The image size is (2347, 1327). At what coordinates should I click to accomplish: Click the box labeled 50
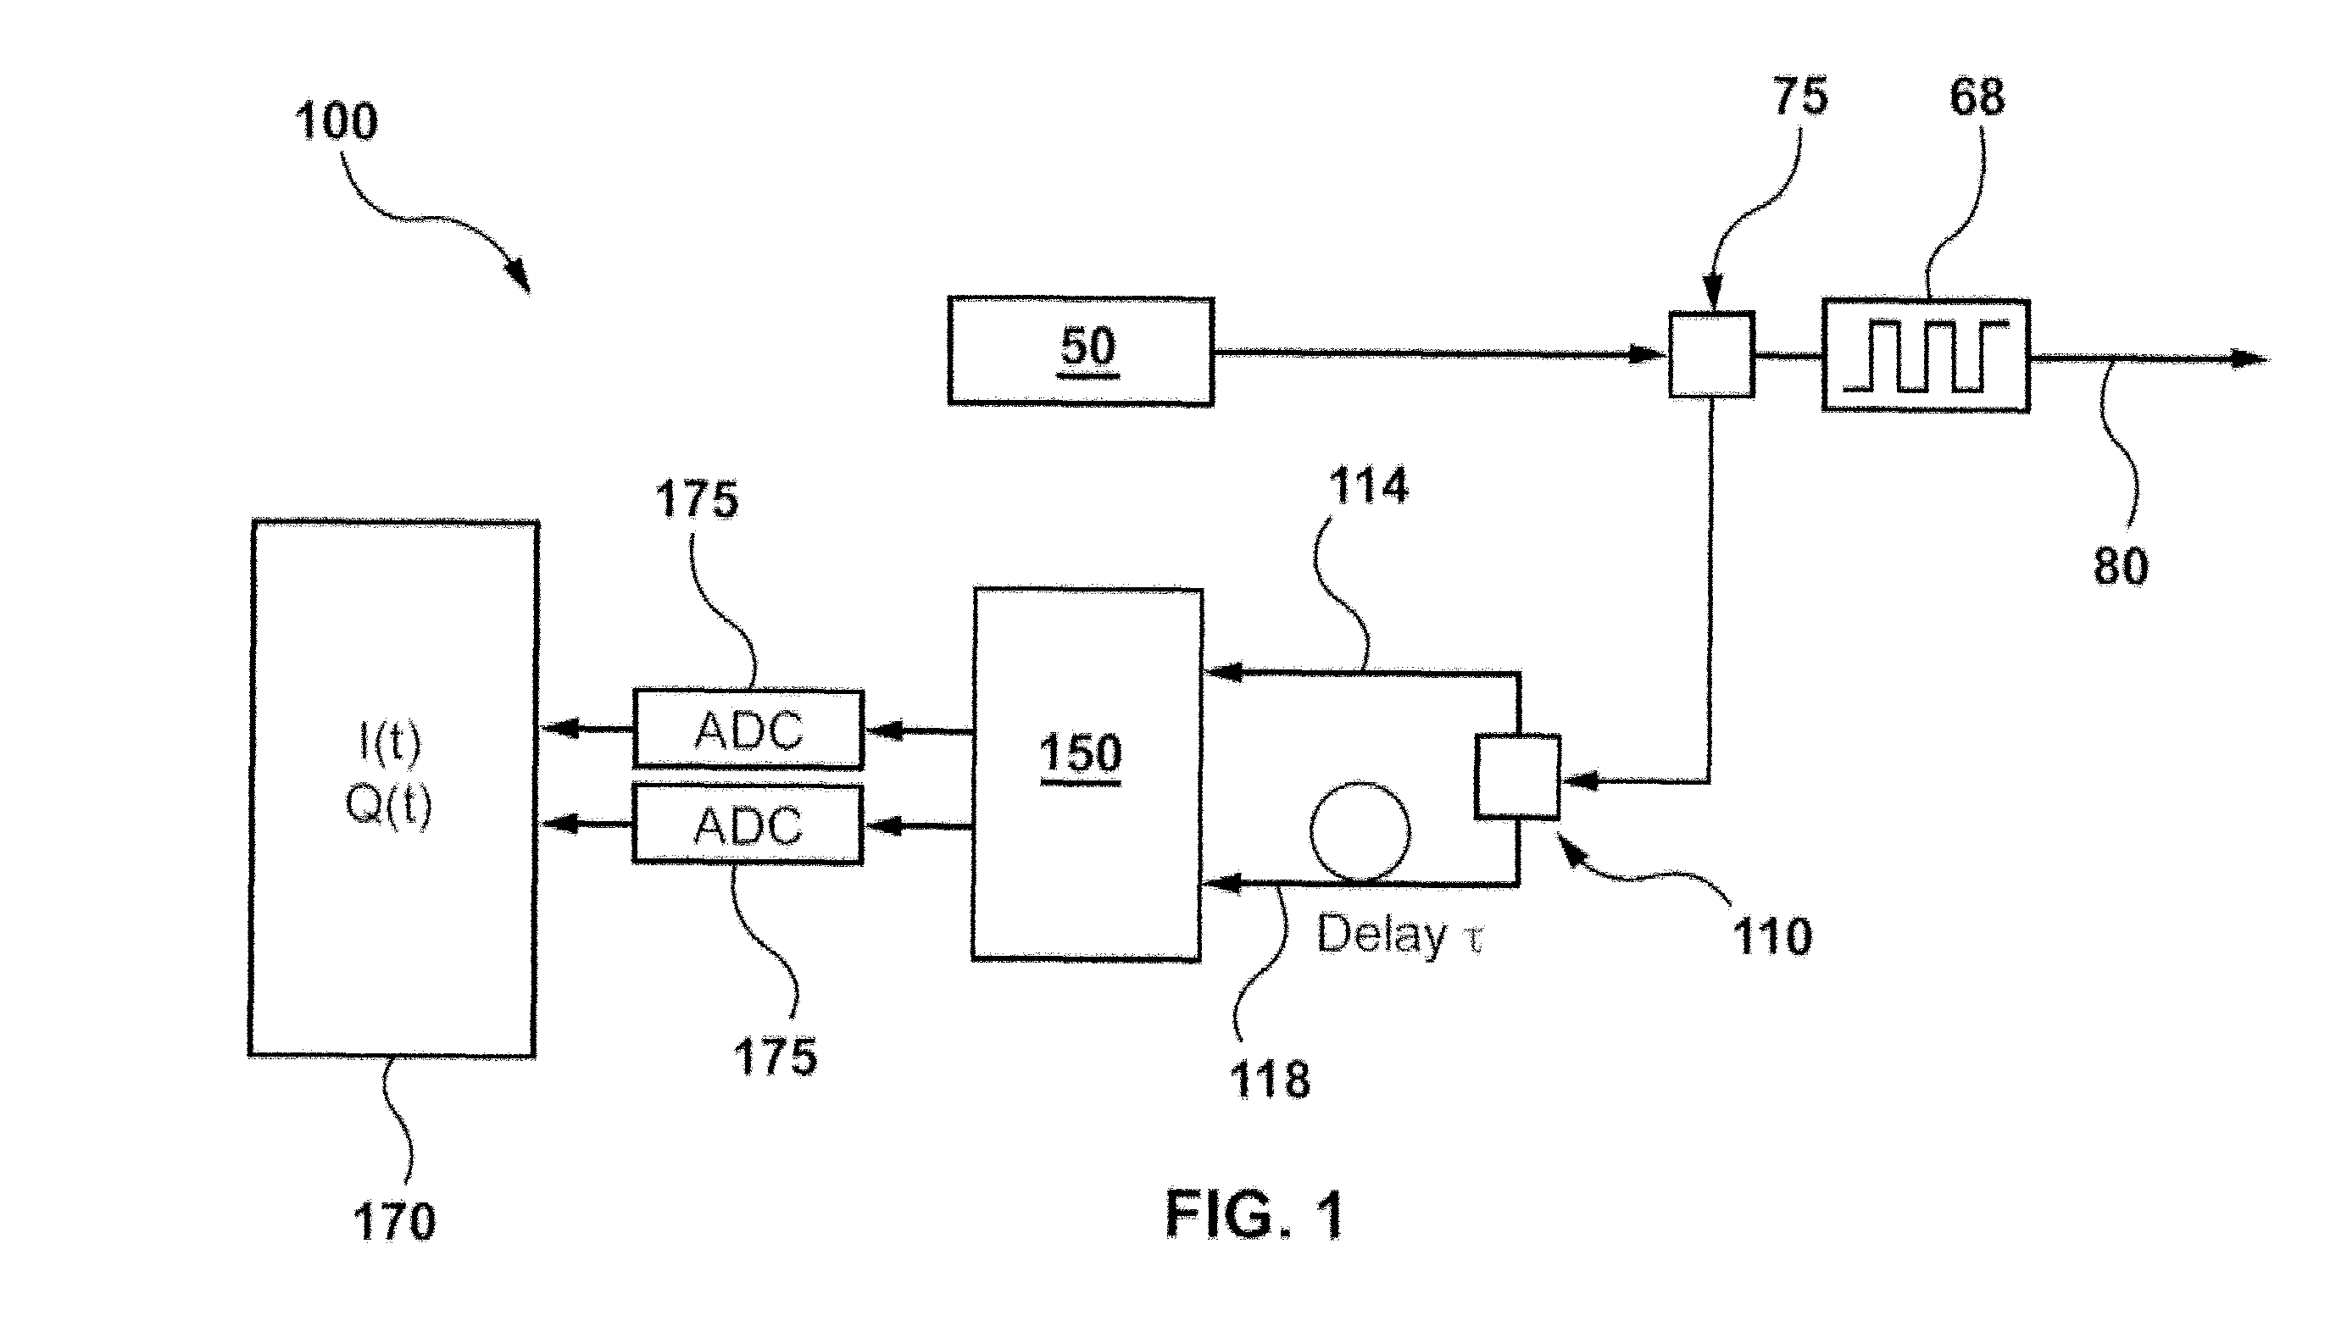[x=1080, y=351]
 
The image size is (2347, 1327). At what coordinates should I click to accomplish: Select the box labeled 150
[x=1087, y=774]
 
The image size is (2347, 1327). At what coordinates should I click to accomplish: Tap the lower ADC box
[x=748, y=825]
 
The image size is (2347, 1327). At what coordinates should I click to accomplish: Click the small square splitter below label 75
[x=1710, y=354]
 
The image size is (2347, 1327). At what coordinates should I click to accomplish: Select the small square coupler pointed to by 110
[x=1517, y=777]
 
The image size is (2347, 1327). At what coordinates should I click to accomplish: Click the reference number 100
[x=336, y=121]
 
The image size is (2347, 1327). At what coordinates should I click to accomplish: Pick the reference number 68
[x=1977, y=97]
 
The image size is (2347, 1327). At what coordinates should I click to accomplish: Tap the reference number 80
[x=2121, y=565]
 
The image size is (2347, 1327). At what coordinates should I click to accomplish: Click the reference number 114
[x=1368, y=485]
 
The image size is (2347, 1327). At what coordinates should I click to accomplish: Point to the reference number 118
[x=1270, y=1080]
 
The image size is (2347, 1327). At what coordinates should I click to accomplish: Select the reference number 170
[x=394, y=1221]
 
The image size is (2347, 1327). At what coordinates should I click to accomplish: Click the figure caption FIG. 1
[x=1254, y=1215]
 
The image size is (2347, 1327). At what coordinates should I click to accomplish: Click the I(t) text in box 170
[x=389, y=744]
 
